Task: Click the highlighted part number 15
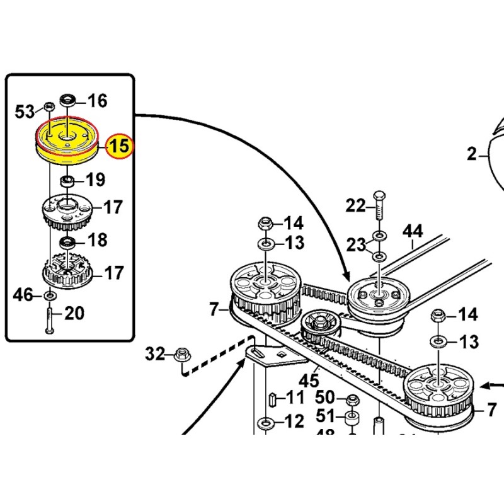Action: [119, 147]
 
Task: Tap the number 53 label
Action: [25, 112]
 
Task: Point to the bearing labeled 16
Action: [67, 100]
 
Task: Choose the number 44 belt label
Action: [413, 232]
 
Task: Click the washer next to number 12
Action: [266, 421]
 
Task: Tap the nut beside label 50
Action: [352, 399]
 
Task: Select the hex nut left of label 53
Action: [49, 106]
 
